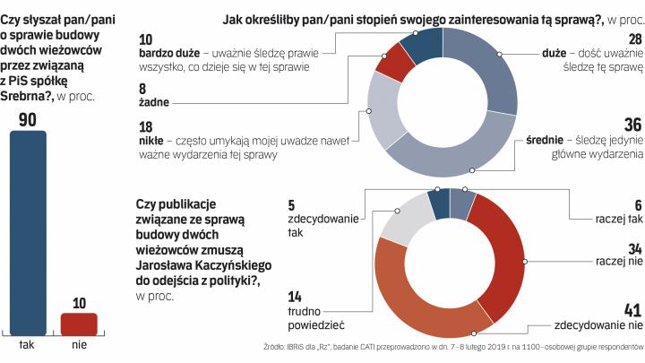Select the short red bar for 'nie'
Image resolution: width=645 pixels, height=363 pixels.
pos(79,324)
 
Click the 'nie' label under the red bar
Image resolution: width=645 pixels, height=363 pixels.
pos(79,345)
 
